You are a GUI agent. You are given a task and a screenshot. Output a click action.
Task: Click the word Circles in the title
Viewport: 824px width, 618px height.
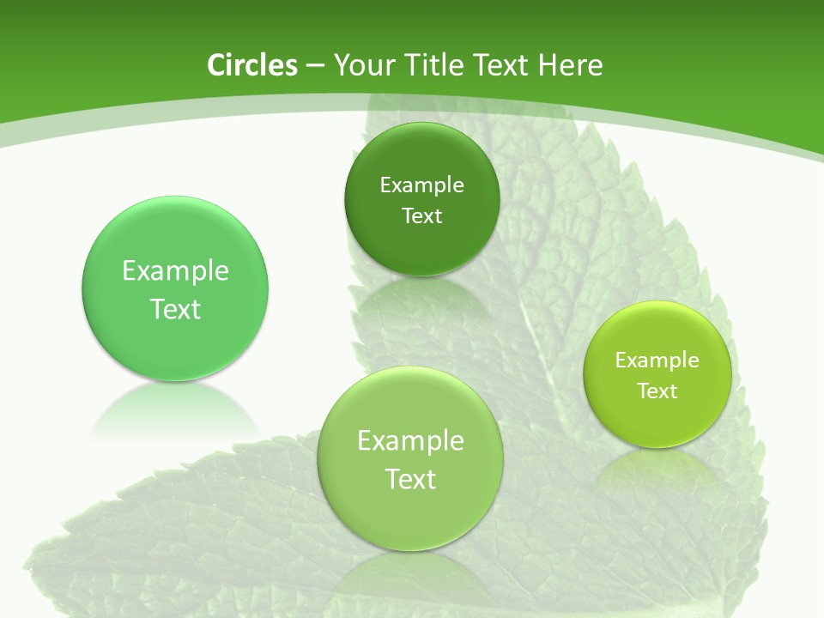[x=252, y=65]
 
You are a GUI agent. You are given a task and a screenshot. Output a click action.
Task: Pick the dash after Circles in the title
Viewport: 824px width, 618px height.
[x=315, y=66]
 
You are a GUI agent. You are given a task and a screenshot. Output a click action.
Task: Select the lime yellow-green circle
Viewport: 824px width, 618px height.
[x=657, y=412]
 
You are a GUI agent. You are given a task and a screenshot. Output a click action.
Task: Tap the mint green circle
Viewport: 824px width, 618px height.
[x=175, y=343]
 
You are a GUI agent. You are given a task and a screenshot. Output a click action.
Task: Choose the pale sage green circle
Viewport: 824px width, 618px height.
[x=410, y=515]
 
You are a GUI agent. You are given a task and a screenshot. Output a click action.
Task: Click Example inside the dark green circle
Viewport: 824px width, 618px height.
[x=421, y=185]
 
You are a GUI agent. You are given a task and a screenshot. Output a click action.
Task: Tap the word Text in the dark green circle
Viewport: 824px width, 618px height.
[x=421, y=215]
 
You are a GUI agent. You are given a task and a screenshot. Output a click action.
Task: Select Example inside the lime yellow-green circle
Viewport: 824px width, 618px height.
[x=657, y=360]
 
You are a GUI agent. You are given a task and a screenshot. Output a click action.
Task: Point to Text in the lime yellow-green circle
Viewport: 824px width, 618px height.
[x=657, y=391]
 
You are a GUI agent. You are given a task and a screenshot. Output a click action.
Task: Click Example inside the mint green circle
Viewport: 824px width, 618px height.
[x=175, y=270]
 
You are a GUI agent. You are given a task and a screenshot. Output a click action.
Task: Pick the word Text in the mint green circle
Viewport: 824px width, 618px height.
[x=175, y=309]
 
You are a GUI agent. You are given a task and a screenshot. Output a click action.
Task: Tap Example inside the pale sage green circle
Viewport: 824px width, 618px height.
[x=410, y=440]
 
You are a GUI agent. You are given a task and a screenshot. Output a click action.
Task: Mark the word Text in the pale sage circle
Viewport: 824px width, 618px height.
[x=410, y=479]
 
